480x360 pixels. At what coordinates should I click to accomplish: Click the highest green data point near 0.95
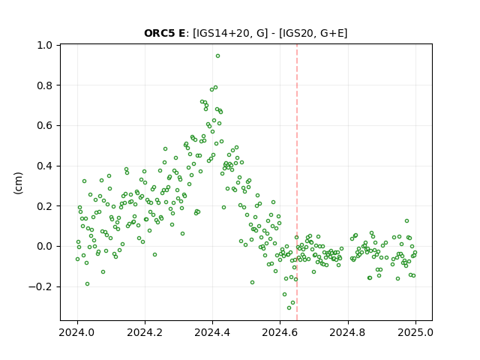[x=217, y=56]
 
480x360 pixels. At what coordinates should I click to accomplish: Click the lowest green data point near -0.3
[x=289, y=307]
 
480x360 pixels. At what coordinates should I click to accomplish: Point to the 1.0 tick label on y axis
[x=44, y=45]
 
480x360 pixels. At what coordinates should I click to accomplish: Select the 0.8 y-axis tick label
[x=44, y=85]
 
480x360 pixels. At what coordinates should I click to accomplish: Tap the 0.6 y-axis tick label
[x=44, y=126]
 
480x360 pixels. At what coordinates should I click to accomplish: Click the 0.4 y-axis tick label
[x=44, y=166]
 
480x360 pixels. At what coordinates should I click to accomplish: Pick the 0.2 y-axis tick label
[x=44, y=206]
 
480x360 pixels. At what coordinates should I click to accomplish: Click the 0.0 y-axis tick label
[x=44, y=247]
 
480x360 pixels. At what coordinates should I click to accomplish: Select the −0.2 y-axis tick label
[x=40, y=286]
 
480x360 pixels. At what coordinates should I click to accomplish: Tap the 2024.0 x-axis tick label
[x=77, y=332]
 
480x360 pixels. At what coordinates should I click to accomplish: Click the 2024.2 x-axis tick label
[x=145, y=332]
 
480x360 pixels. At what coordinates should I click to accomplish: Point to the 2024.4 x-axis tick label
[x=212, y=332]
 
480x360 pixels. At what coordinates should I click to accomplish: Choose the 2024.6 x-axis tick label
[x=280, y=332]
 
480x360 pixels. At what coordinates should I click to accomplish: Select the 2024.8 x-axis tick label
[x=348, y=332]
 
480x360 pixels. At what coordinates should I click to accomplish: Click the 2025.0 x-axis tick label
[x=415, y=332]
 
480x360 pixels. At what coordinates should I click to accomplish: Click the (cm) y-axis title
[x=18, y=183]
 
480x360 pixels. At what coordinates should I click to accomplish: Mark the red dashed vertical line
[x=297, y=182]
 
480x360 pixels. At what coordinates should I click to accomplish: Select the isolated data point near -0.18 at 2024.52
[x=252, y=282]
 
